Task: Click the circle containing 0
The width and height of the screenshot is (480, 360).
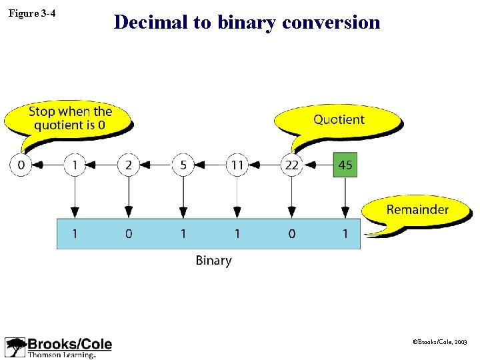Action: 21,165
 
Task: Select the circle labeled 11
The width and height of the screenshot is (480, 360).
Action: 237,165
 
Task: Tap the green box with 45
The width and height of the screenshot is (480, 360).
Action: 345,165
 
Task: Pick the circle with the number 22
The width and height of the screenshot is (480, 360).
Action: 291,165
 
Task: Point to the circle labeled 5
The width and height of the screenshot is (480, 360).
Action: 183,165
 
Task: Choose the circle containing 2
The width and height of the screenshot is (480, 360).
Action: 129,165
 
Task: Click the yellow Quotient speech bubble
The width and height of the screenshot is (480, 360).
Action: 339,121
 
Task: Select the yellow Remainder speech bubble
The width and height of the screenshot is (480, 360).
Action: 417,211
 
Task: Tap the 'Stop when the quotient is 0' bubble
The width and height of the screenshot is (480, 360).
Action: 69,120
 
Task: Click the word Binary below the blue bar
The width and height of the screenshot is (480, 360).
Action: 213,261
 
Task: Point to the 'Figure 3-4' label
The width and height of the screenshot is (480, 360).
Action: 31,13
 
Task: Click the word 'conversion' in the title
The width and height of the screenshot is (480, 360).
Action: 331,23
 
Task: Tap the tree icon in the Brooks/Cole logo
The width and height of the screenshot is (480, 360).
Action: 15,347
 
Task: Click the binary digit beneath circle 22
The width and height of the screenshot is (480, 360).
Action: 291,234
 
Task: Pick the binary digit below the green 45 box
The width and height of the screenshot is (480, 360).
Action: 345,234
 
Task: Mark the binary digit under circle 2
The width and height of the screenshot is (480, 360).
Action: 129,234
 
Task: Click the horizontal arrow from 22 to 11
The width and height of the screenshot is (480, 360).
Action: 264,165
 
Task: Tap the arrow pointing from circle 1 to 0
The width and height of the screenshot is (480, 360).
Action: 47,165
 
